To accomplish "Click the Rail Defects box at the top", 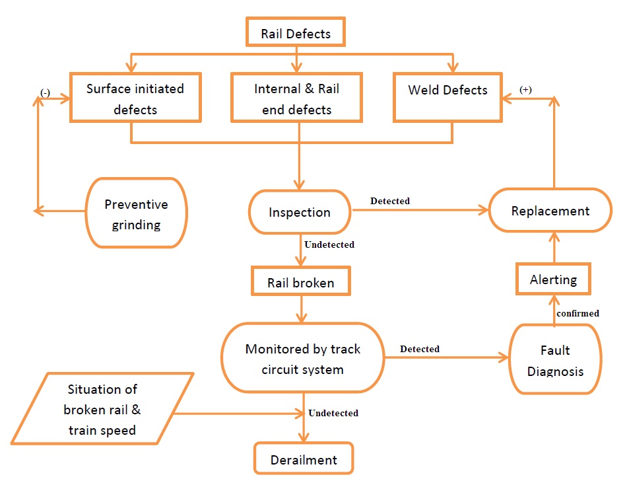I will pos(296,33).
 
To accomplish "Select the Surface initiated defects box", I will pos(135,98).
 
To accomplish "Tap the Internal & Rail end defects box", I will pos(297,98).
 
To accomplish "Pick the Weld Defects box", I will pos(447,91).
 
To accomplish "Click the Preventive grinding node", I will pos(136,214).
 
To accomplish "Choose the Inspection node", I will pos(300,212).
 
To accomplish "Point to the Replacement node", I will pos(550,211).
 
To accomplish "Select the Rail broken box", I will pos(300,283).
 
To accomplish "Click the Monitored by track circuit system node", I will pos(303,359).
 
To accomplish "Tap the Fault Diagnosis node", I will pos(554,360).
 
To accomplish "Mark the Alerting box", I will pos(553,279).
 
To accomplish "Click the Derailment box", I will pos(304,460).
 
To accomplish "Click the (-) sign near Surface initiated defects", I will pos(45,93).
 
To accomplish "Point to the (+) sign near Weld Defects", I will pos(525,90).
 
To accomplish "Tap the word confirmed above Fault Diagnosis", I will pos(577,313).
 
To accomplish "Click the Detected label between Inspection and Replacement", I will pos(389,201).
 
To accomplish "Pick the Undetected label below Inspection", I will pos(329,244).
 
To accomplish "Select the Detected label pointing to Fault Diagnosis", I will pos(420,349).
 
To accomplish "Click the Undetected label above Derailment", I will pos(333,413).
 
